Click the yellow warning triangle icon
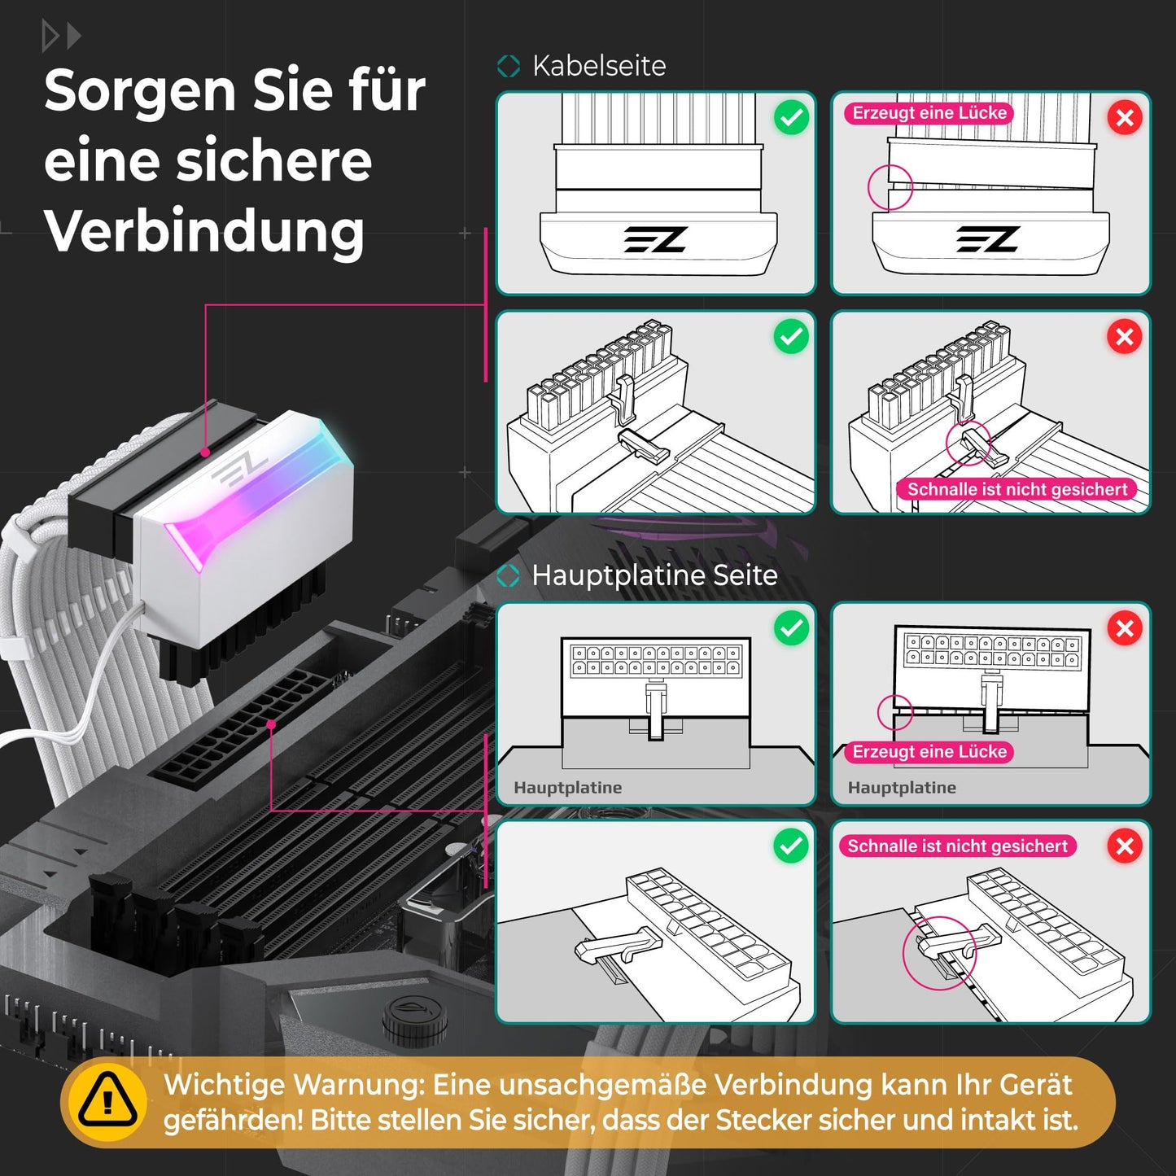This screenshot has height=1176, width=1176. coord(108,1101)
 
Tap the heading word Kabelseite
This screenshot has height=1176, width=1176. coord(599,66)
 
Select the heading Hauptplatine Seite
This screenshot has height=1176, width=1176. coord(654,575)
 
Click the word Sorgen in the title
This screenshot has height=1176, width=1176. coord(141,90)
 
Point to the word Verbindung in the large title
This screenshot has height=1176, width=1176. coord(204,231)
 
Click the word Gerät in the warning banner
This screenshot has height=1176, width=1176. coord(1035,1085)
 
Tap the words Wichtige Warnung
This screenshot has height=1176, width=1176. coord(294,1085)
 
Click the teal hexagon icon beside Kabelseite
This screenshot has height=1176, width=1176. coord(509,66)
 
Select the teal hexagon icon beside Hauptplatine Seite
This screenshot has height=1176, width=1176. coord(509,576)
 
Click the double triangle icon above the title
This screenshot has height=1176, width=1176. coord(61,37)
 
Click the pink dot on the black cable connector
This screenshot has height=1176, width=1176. coord(206,452)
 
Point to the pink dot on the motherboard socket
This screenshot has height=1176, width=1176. coord(271,724)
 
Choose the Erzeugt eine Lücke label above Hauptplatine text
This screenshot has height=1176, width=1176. coord(929,752)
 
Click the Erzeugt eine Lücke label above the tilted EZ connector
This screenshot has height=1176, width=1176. coord(929,113)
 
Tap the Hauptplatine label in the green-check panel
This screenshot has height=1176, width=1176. coord(567,788)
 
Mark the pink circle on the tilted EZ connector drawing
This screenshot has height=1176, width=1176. coord(890,187)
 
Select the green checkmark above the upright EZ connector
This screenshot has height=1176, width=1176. coord(791,118)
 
